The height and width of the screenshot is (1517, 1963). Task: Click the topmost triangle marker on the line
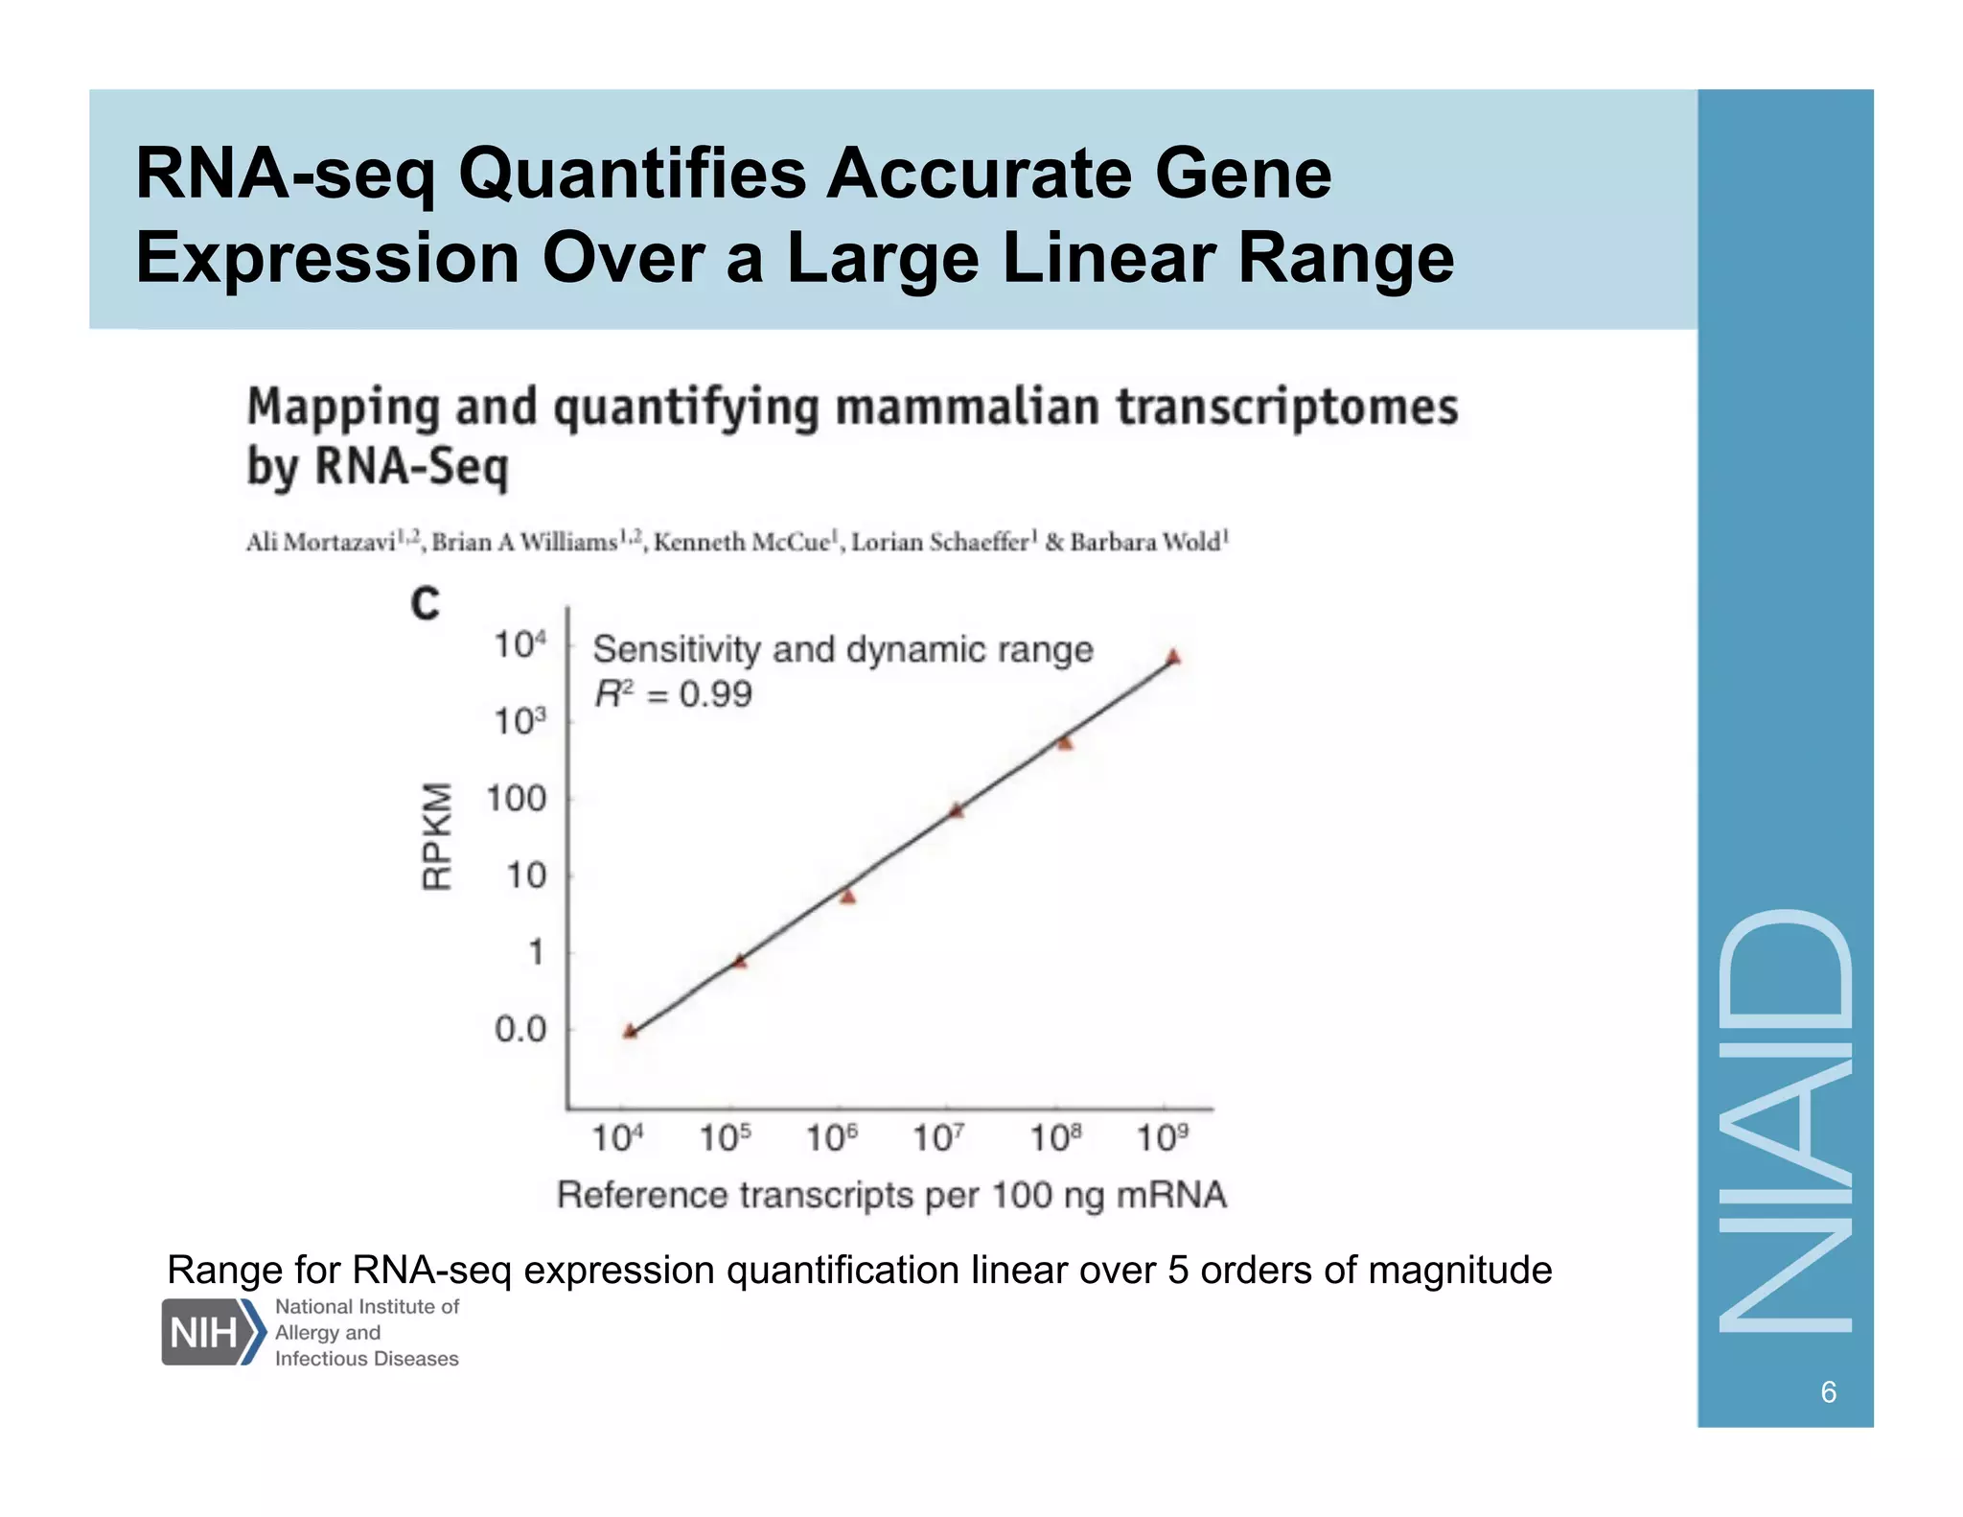pos(1173,658)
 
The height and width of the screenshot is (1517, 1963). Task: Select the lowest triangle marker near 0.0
pos(630,1032)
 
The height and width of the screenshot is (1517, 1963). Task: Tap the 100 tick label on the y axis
pos(516,799)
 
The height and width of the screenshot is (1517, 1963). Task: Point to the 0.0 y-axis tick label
pos(520,1030)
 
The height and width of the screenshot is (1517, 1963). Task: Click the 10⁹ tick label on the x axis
pos(1162,1138)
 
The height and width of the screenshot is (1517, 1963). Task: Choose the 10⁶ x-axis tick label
pos(831,1138)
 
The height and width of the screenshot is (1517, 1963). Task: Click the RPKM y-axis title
pos(437,836)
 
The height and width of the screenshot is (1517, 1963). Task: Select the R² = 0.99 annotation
pos(673,693)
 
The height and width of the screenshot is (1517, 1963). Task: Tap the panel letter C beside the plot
pos(425,604)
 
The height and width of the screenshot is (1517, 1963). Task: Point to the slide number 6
pos(1828,1391)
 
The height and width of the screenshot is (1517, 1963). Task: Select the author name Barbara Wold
pos(1145,542)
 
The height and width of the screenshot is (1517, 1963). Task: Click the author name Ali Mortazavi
pos(321,542)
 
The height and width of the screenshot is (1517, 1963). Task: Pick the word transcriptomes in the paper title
pos(1287,407)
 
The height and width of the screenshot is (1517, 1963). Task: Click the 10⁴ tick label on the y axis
pos(520,644)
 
